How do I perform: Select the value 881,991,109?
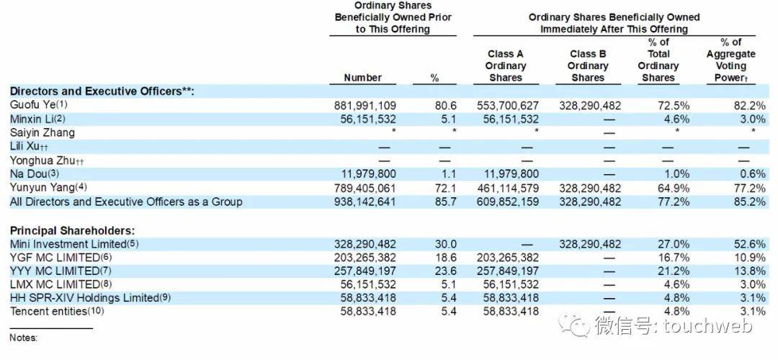tap(365, 105)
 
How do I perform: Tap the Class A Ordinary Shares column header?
tap(505, 66)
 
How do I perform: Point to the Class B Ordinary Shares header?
tap(587, 66)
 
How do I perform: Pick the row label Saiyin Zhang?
tap(42, 132)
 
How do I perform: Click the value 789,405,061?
tap(365, 188)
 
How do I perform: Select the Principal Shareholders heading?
tap(72, 230)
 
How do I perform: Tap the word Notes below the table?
tap(23, 338)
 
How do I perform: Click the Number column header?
tap(363, 78)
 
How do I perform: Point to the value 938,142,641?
tap(365, 202)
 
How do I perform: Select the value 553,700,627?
tap(507, 105)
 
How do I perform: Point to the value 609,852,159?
tap(507, 202)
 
